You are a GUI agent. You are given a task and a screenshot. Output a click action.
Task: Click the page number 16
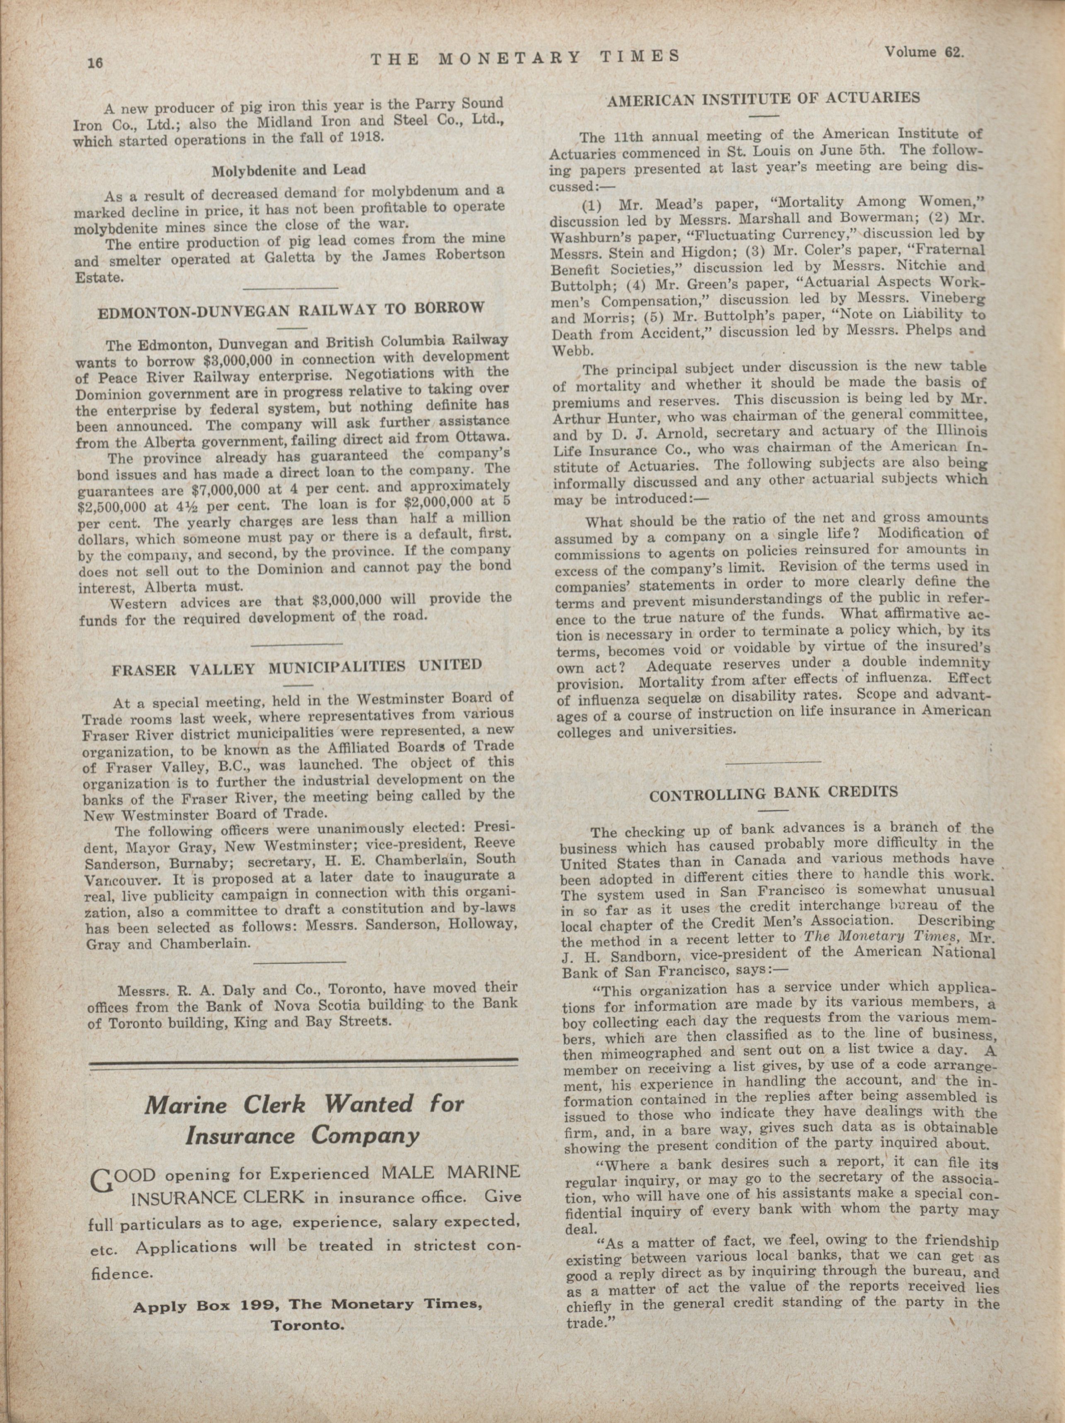(95, 63)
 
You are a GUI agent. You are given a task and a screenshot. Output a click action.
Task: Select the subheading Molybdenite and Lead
(288, 171)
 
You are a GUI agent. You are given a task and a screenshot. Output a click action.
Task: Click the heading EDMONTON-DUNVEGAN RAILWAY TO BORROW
(290, 311)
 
